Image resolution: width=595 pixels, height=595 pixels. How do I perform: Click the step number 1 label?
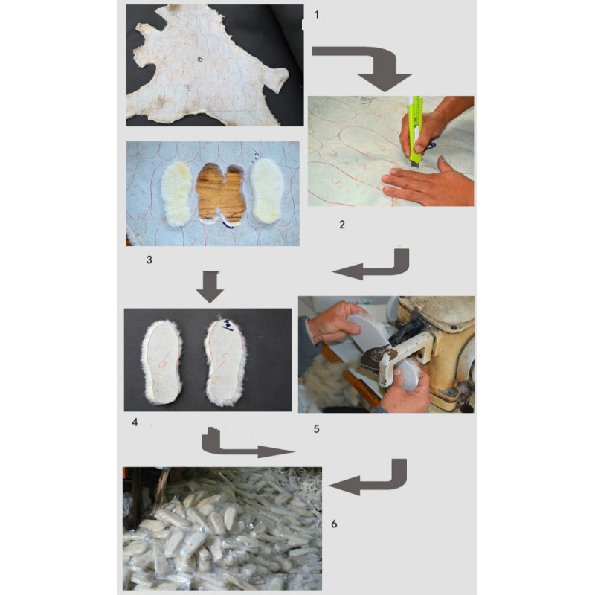[x=317, y=15]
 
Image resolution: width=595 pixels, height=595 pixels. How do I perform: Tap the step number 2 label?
[x=342, y=225]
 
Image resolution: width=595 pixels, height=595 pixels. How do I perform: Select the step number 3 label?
[x=149, y=260]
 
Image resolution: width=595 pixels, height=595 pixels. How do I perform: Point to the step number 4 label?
[x=135, y=422]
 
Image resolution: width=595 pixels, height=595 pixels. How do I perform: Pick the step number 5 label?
[x=317, y=429]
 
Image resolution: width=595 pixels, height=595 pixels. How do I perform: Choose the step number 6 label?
[x=334, y=524]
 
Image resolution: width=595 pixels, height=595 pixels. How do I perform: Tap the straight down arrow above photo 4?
[x=210, y=287]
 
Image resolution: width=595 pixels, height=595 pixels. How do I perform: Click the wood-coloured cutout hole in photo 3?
[x=221, y=193]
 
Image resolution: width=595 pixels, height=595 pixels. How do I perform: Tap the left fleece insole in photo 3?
[x=177, y=194]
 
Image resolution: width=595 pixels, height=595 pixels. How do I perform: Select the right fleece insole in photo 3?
[x=267, y=190]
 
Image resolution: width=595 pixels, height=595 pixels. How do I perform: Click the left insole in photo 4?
[x=163, y=363]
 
